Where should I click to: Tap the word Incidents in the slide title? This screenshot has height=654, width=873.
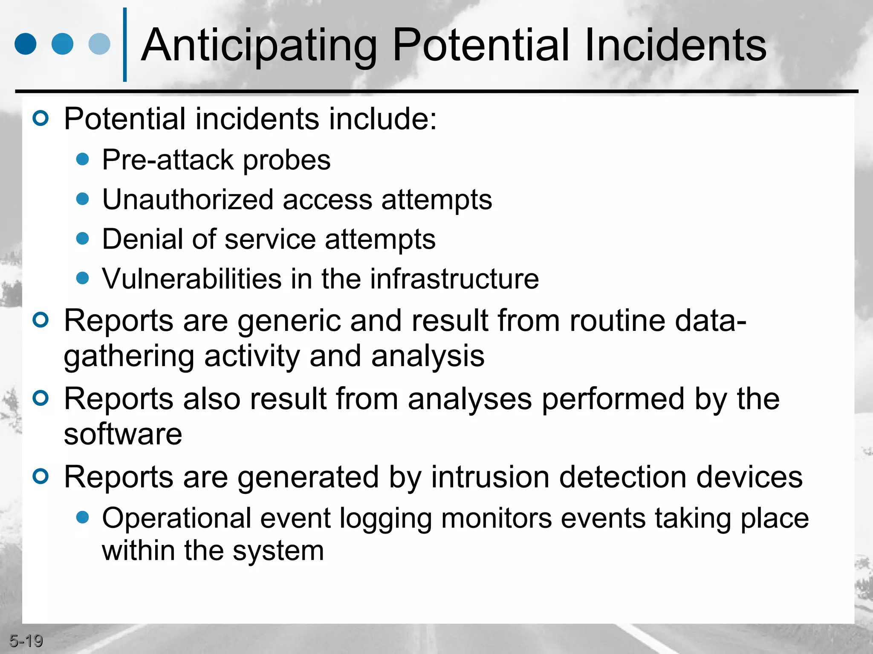[676, 44]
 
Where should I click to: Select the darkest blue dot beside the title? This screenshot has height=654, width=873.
[26, 44]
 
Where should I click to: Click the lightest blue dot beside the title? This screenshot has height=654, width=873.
[99, 44]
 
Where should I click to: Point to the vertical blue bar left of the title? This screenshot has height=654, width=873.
[125, 44]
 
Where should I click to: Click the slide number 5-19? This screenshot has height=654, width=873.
[26, 641]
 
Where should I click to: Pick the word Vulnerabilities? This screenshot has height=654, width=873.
[192, 279]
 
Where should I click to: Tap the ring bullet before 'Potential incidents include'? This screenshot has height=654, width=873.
[41, 118]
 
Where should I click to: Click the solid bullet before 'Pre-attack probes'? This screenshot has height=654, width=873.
[82, 159]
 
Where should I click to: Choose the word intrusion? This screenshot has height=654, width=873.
[490, 477]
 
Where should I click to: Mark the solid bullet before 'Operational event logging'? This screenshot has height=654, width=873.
[82, 517]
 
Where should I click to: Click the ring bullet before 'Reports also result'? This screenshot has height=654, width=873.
[41, 398]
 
